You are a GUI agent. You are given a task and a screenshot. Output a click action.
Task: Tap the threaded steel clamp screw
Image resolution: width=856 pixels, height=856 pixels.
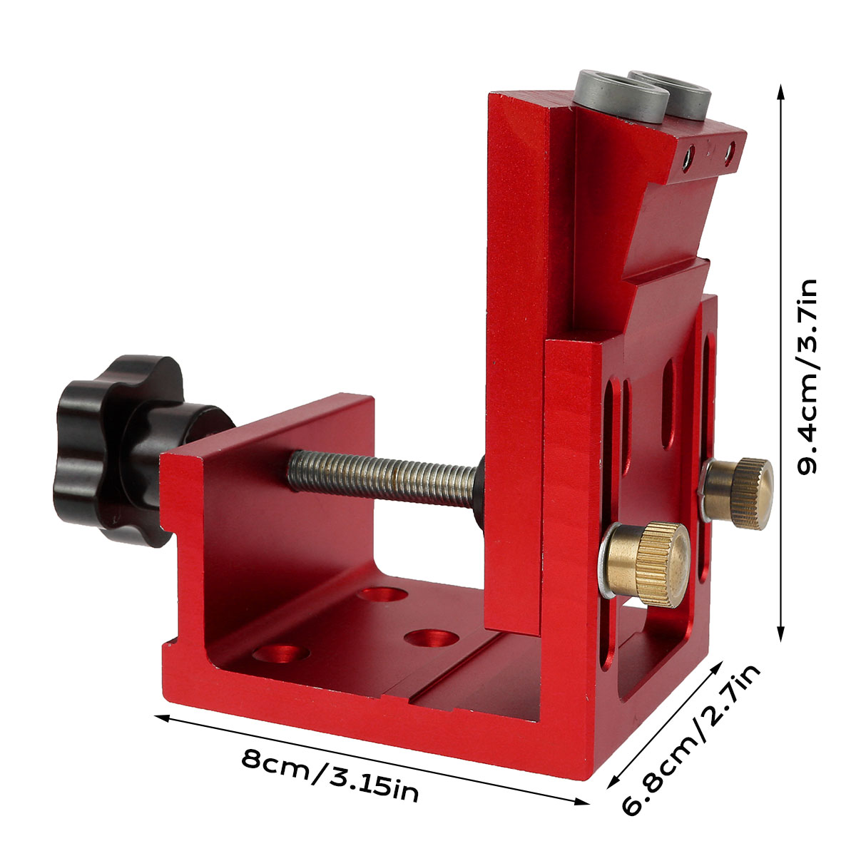(382, 478)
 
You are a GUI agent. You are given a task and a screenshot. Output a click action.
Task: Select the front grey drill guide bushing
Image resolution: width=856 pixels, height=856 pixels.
(621, 97)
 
